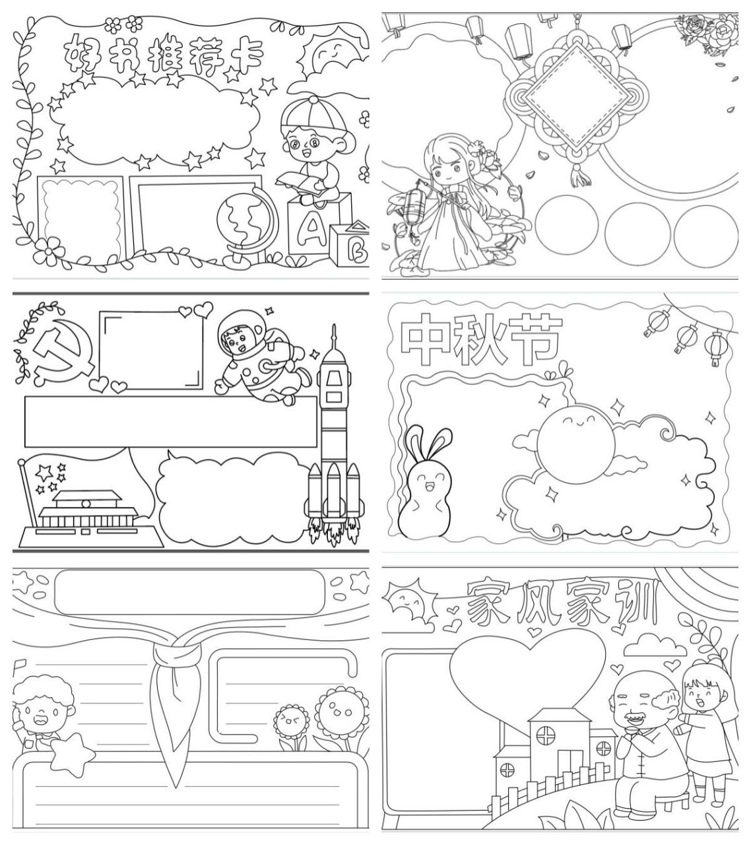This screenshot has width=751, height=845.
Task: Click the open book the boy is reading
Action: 301,183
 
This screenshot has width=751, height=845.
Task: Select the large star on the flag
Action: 44,472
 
